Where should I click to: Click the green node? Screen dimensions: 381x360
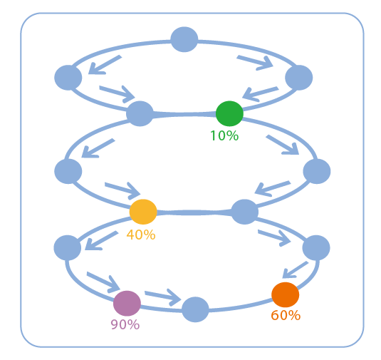point(229,113)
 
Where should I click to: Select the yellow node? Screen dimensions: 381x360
point(143,212)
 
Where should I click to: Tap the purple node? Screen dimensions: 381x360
point(127,303)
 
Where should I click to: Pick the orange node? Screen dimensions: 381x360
point(285,294)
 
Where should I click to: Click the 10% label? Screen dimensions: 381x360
point(224,135)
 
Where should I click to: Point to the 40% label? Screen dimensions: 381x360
point(141,235)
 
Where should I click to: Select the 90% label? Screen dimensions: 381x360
point(125,324)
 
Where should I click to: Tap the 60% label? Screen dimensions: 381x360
point(286,315)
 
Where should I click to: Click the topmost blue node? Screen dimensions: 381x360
point(184,39)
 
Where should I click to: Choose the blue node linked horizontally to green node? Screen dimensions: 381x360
point(140,113)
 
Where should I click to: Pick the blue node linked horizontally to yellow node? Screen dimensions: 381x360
point(244,212)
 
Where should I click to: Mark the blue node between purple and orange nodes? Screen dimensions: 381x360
point(195,309)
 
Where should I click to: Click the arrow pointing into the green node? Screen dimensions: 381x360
point(260,94)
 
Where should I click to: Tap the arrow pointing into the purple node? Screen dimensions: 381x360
point(103,282)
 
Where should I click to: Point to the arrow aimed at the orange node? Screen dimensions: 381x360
point(296,269)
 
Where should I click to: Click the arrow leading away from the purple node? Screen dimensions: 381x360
point(163,297)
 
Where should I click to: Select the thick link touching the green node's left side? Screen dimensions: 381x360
point(184,114)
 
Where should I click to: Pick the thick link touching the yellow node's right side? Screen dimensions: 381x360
point(194,212)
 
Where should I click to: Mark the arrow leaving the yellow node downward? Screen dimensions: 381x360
point(102,240)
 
